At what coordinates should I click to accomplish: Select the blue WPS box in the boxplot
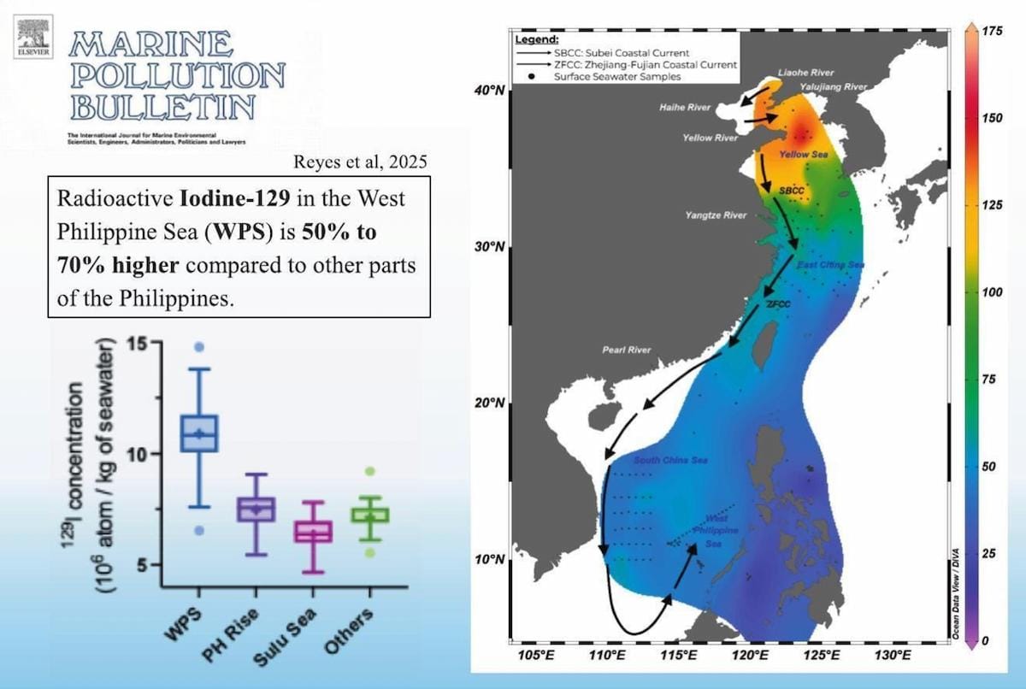tap(198, 433)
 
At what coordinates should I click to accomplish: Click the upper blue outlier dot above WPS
tap(198, 347)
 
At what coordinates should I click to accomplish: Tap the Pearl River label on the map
tap(627, 350)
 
